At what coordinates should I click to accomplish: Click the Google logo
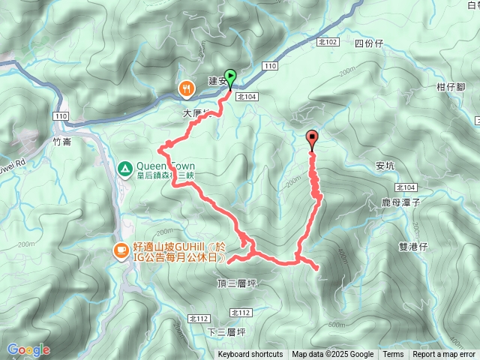(x=28, y=349)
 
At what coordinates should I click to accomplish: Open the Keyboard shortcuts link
(x=250, y=355)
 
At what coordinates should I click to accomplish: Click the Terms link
(x=392, y=355)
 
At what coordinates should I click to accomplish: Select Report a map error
(x=444, y=355)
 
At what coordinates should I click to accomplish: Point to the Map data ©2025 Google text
(x=332, y=355)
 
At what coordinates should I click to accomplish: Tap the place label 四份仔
(x=369, y=43)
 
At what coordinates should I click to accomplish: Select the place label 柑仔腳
(x=451, y=87)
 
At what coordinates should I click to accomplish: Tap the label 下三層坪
(x=226, y=331)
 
